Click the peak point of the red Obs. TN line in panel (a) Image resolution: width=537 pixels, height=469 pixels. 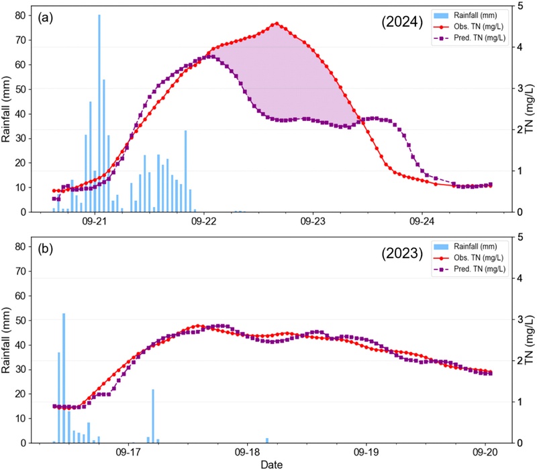(x=276, y=24)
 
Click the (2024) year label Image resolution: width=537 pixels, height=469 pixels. (x=398, y=22)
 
